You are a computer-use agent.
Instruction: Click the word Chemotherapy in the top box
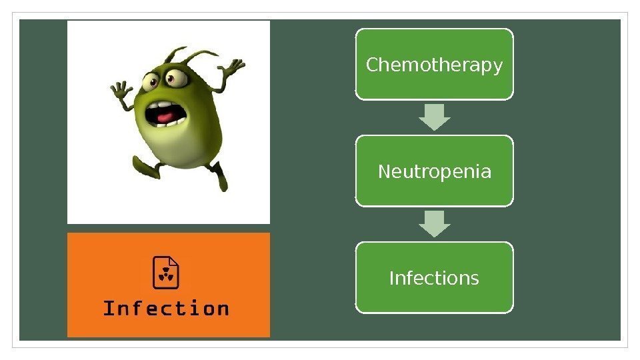point(434,65)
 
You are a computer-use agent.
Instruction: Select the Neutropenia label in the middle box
point(434,172)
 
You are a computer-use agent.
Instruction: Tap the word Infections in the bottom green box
point(434,277)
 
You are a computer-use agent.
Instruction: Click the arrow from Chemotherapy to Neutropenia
point(435,117)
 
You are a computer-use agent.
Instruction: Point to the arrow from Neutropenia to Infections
point(435,224)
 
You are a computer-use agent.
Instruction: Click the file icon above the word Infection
point(167,272)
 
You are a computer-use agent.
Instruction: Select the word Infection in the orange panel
point(166,309)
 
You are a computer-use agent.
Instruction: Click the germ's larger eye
point(178,79)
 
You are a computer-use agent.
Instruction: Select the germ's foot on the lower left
point(145,168)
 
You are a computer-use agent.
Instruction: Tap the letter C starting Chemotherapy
point(372,65)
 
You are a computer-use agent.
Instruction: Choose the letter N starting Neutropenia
point(384,172)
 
